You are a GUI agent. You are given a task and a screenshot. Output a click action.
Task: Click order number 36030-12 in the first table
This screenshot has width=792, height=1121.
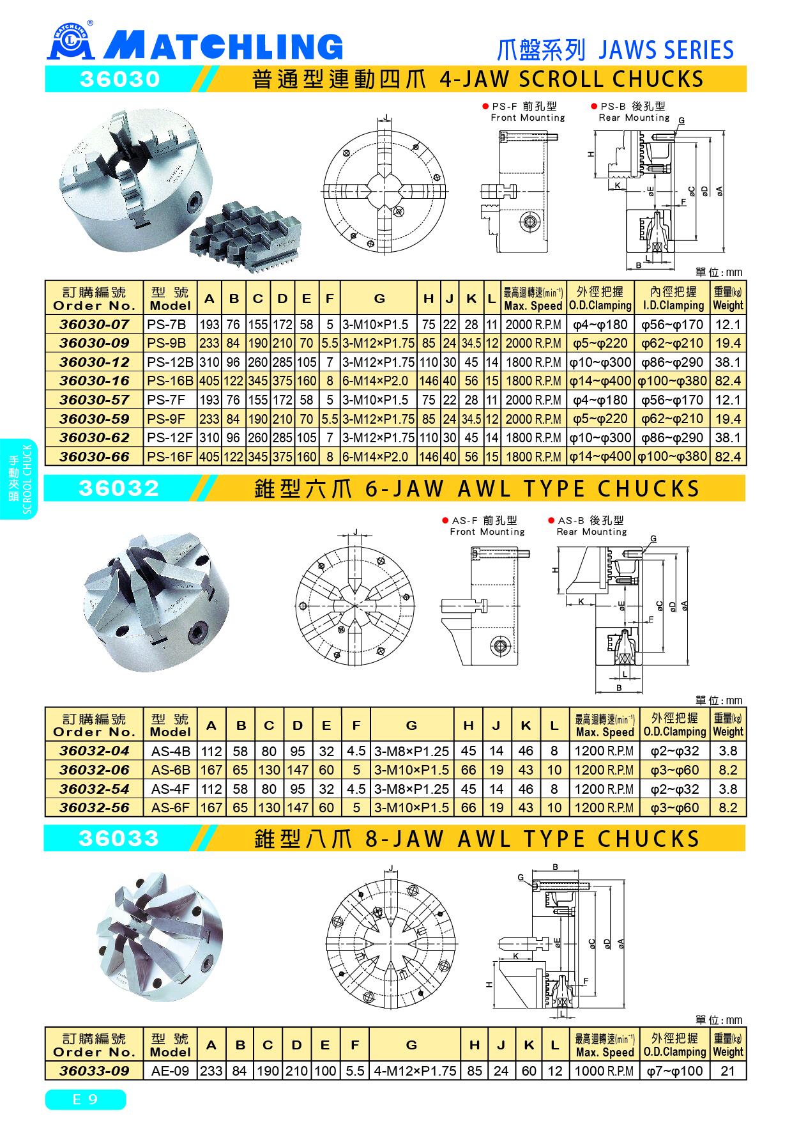click(94, 362)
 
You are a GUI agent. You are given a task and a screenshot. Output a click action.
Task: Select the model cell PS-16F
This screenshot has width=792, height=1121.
click(169, 456)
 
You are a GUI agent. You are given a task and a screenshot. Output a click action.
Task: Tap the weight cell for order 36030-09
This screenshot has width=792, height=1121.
click(727, 343)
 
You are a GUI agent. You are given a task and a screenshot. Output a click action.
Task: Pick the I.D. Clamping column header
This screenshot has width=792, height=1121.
click(673, 298)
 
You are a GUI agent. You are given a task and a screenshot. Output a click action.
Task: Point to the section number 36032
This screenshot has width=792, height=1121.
click(118, 488)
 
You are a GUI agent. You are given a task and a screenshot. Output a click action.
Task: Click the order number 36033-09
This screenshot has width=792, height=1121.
click(94, 1071)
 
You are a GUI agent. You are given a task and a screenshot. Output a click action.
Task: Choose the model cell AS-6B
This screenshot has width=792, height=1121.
click(171, 769)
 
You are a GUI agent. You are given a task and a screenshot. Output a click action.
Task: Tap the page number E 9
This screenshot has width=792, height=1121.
click(85, 1100)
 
